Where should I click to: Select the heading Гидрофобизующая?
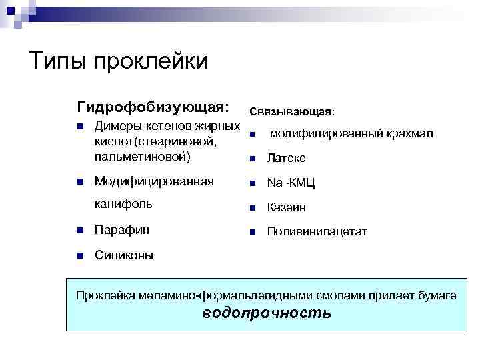[x=153, y=107]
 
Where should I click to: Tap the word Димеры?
[x=117, y=126]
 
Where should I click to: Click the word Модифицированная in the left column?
[x=154, y=181]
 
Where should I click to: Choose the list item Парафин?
[x=122, y=230]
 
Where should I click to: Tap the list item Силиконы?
[x=124, y=255]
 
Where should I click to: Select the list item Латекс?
[x=286, y=158]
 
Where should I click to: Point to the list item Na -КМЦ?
[x=291, y=183]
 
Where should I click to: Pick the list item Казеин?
[x=287, y=207]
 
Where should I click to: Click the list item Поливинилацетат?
[x=317, y=232]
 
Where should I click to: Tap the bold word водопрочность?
[x=266, y=313]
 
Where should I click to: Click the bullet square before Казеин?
[x=253, y=207]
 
